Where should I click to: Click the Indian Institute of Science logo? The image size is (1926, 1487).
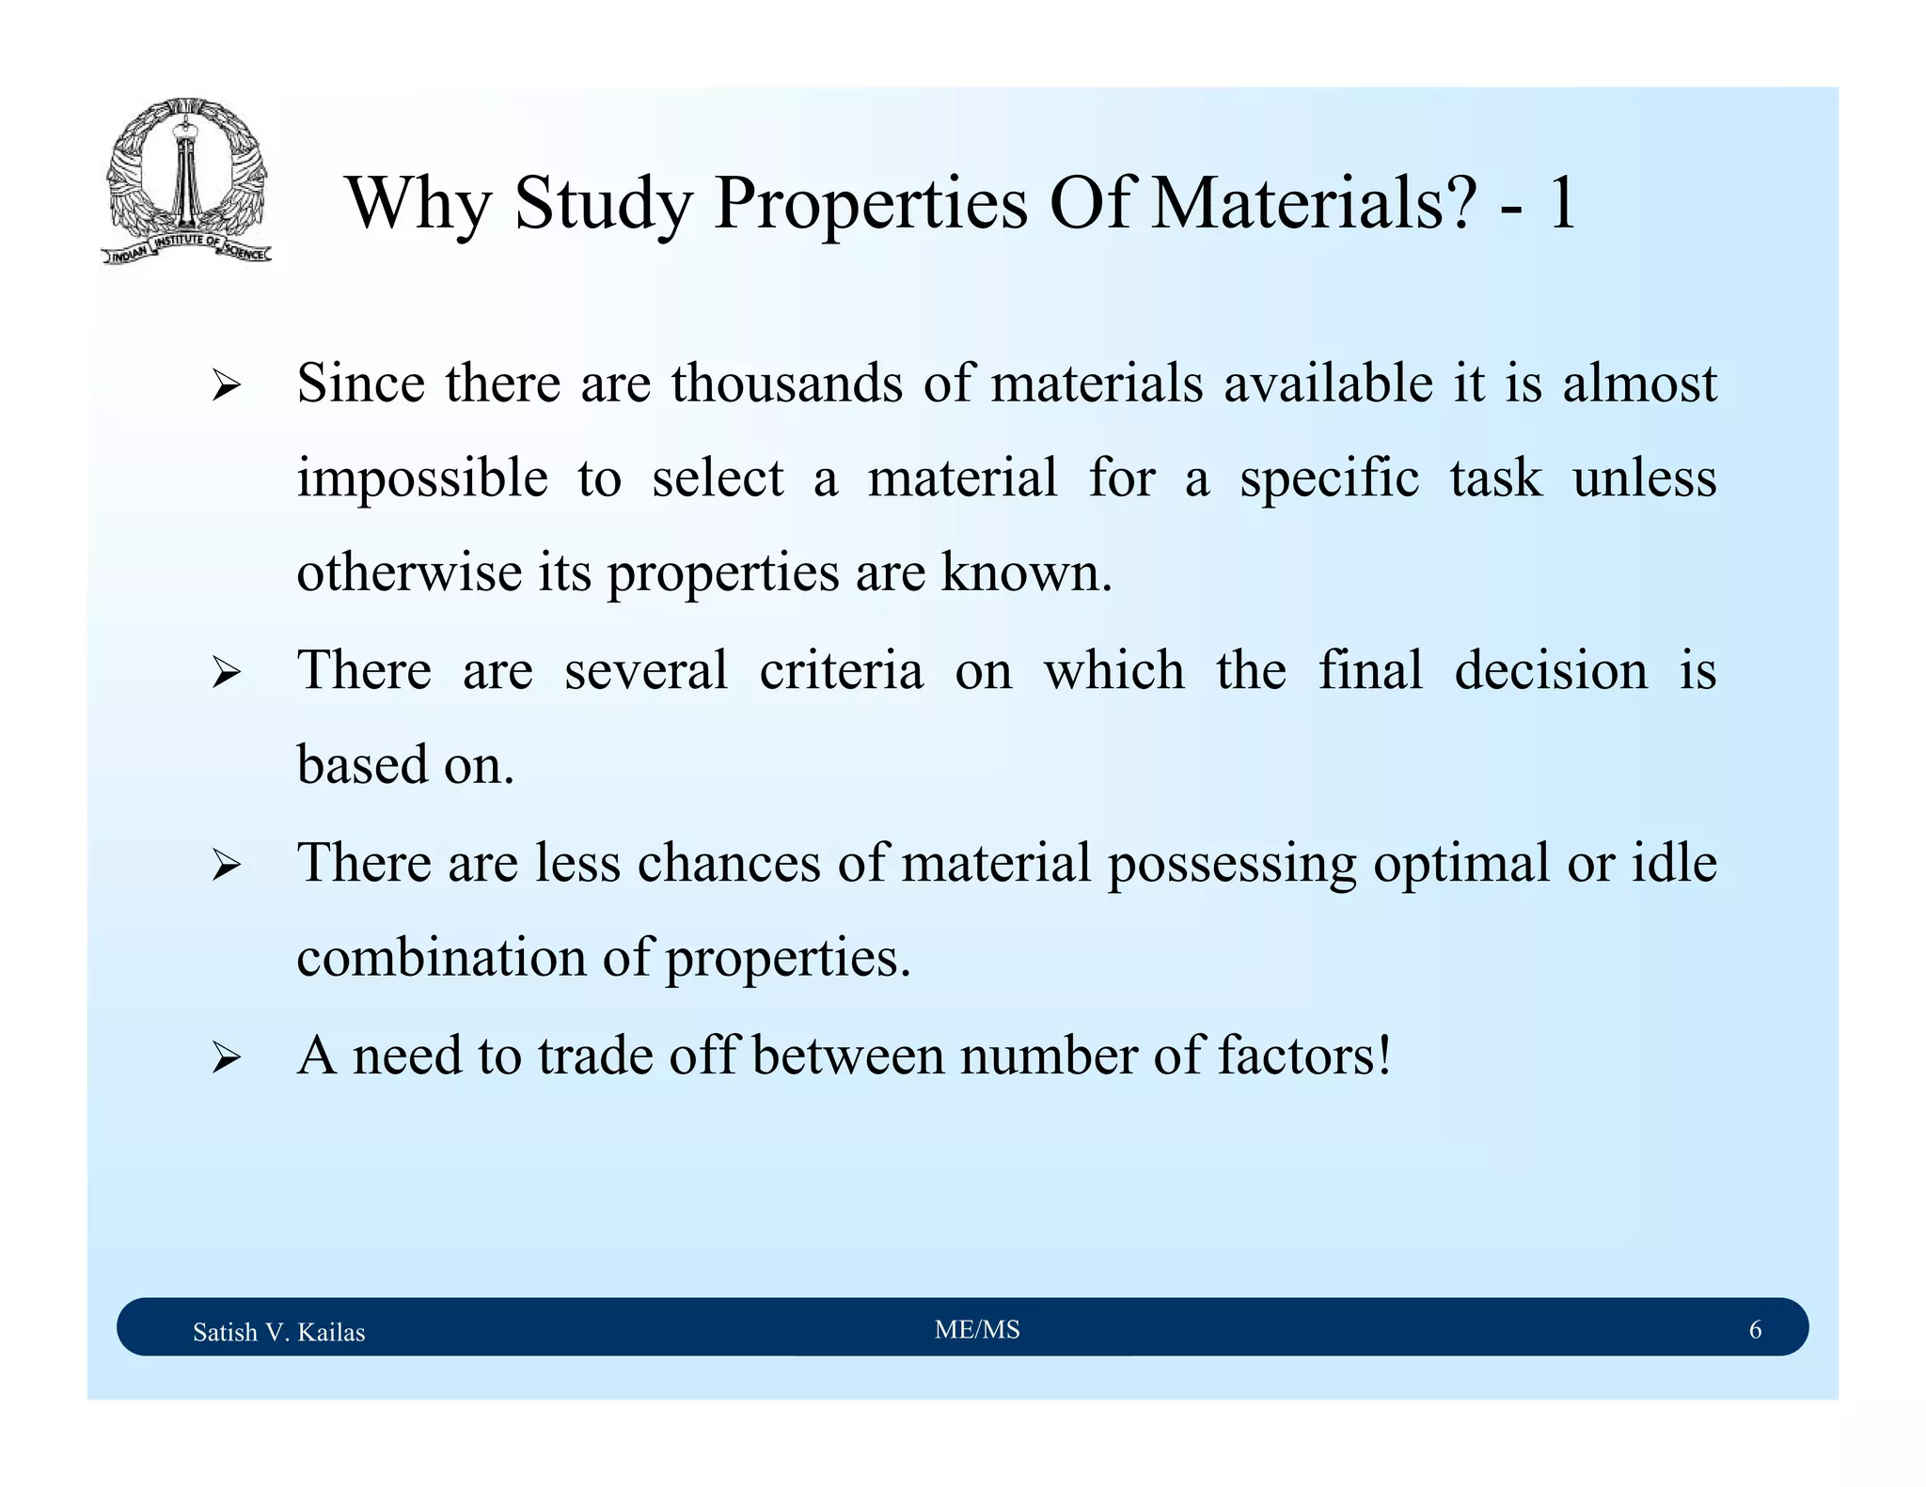pyautogui.click(x=186, y=181)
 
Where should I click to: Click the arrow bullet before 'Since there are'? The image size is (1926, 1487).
pyautogui.click(x=226, y=386)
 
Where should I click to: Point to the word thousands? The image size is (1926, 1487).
pyautogui.click(x=786, y=383)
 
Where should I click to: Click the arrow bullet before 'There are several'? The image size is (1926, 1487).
pyautogui.click(x=226, y=673)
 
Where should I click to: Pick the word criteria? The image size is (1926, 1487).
pyautogui.click(x=841, y=671)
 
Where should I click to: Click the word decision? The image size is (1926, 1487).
pyautogui.click(x=1551, y=671)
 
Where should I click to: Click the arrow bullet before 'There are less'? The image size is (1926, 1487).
pyautogui.click(x=226, y=865)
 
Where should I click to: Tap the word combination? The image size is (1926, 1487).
pyautogui.click(x=441, y=958)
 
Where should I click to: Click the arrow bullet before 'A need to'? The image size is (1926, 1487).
pyautogui.click(x=226, y=1058)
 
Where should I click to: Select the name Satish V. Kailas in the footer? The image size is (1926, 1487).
pyautogui.click(x=278, y=1332)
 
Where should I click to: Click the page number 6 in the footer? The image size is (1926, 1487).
pyautogui.click(x=1755, y=1329)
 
